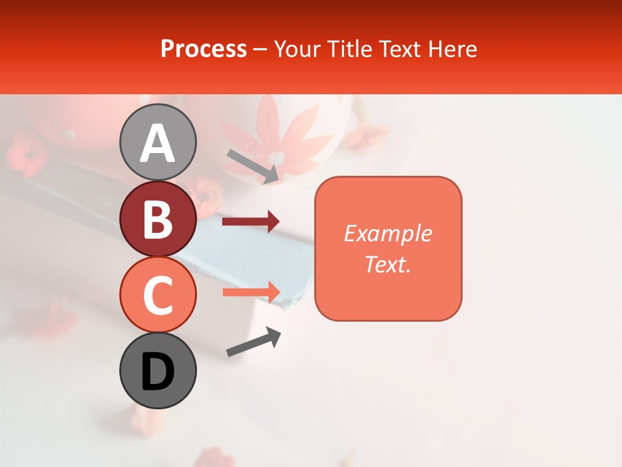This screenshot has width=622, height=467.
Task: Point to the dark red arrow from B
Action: [251, 221]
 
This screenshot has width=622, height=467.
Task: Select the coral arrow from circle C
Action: [251, 292]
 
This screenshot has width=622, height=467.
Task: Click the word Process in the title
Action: [203, 49]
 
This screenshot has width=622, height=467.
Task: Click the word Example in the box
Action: [387, 233]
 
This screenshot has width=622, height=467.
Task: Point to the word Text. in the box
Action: [387, 264]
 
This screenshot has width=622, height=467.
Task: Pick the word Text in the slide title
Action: [399, 49]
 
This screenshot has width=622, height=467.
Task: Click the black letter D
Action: [158, 372]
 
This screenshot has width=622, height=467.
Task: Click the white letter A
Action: [158, 143]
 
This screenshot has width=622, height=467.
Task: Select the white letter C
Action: [158, 295]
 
